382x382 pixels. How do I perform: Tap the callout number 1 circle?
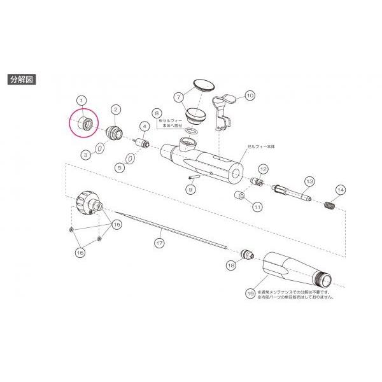click(81, 100)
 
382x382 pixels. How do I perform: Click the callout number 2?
click(115, 110)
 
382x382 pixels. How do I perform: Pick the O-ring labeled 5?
click(131, 158)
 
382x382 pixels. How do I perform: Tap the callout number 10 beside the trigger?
click(250, 95)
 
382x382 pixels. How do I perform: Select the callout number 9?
click(190, 188)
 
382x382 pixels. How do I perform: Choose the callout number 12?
click(262, 169)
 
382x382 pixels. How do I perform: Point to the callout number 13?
click(309, 181)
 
